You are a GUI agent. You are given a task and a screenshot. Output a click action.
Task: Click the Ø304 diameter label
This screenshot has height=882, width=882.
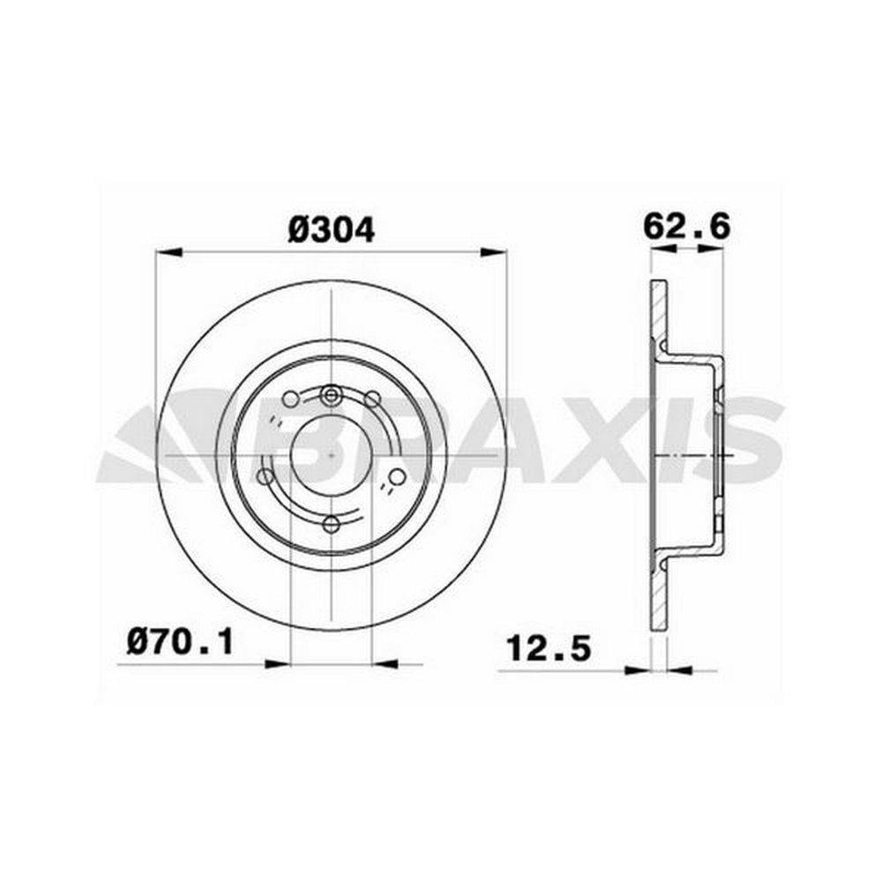[x=331, y=230]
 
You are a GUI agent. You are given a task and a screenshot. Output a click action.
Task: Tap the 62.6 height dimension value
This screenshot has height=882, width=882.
[x=687, y=228]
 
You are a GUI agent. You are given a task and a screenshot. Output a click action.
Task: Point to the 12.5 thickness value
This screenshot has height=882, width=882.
[x=549, y=648]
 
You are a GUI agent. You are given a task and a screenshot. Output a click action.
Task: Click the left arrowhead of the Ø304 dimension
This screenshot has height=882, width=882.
[x=169, y=252]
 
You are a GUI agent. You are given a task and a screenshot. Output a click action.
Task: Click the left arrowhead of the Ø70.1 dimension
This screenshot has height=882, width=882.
[x=277, y=664]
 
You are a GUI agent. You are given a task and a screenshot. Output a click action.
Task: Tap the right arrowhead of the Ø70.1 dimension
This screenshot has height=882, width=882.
[x=385, y=664]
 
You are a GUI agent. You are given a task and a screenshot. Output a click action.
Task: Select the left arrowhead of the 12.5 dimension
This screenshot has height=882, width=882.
[x=638, y=670]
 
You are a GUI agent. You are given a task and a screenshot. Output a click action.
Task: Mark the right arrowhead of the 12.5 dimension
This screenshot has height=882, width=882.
[x=678, y=670]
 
